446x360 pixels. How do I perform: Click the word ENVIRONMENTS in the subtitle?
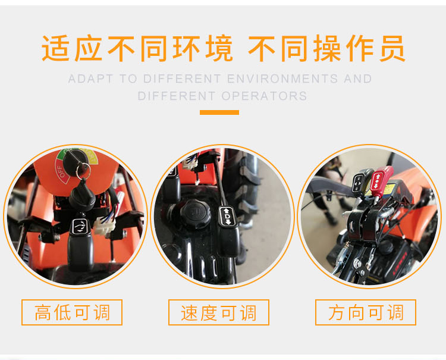[282, 79]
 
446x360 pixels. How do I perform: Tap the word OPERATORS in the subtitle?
[265, 96]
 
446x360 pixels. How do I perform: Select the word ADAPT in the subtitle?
[91, 79]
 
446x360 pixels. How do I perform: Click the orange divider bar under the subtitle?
[219, 112]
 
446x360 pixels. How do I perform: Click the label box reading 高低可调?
[72, 312]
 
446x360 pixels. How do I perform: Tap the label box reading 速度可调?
[219, 312]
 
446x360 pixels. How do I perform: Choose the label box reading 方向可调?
[366, 312]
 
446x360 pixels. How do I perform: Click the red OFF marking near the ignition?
[62, 171]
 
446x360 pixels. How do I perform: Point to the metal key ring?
[83, 170]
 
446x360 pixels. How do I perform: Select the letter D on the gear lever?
[228, 217]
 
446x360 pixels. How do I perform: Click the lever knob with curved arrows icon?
[80, 243]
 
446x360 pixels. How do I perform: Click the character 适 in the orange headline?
[55, 48]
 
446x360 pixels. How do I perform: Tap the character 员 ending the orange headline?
[392, 48]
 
